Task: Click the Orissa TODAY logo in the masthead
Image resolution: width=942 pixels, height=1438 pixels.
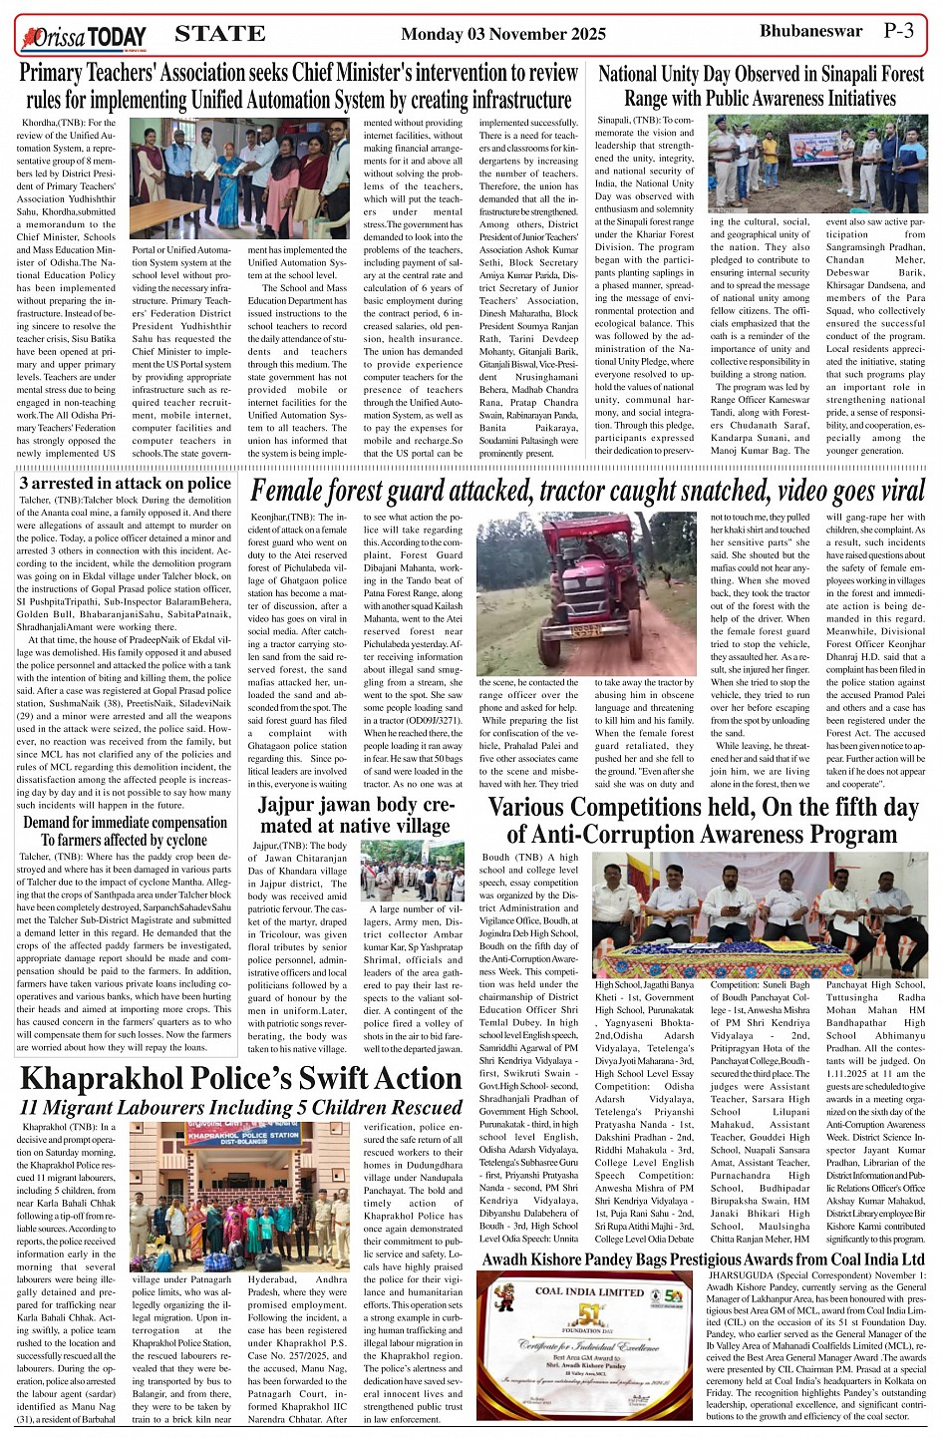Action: point(85,38)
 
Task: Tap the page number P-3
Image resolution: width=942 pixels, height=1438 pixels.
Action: point(897,31)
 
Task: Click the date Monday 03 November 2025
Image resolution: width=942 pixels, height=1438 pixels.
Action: point(502,34)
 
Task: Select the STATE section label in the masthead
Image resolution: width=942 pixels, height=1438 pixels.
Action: point(220,34)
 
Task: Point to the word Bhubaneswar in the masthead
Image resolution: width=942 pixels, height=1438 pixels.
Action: point(810,31)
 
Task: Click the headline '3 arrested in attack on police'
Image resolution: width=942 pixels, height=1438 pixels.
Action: point(126,484)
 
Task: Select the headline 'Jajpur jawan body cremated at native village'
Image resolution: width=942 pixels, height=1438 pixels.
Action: point(356,815)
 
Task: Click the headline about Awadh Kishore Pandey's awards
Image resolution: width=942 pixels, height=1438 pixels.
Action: point(703,1259)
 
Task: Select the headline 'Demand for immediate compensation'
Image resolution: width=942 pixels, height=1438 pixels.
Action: point(126,823)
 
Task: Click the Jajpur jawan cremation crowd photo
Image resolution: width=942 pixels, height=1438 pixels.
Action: point(411,871)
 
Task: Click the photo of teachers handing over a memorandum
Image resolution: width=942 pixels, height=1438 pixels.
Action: point(240,178)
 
